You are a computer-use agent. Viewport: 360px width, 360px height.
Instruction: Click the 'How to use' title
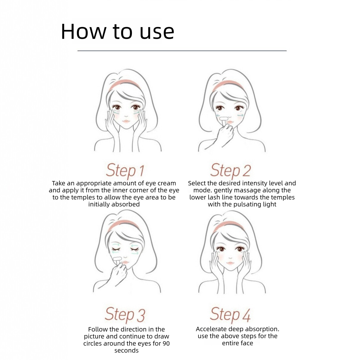(x=118, y=31)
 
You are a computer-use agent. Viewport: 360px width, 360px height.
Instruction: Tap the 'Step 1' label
(x=125, y=170)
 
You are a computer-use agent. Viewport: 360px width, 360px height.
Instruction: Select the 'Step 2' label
(x=230, y=170)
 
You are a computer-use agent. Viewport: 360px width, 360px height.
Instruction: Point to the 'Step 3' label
(x=125, y=315)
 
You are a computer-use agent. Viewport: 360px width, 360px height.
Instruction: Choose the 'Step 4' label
(x=230, y=315)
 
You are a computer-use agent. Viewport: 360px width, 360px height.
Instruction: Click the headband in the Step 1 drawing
(x=124, y=83)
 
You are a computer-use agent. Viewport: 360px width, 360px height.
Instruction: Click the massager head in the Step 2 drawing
(x=224, y=118)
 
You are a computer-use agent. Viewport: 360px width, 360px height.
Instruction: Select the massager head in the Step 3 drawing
(x=117, y=258)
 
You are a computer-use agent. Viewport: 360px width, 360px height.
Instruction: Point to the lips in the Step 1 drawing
(x=127, y=121)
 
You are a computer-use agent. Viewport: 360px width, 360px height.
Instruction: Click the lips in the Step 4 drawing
(x=230, y=263)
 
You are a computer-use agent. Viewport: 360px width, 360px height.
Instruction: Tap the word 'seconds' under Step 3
(x=127, y=350)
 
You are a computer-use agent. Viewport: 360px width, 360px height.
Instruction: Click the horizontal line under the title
(x=182, y=50)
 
